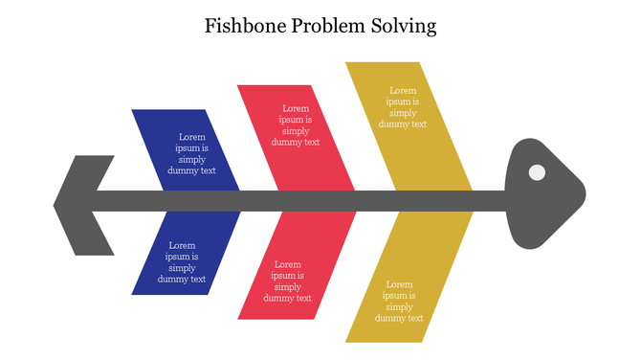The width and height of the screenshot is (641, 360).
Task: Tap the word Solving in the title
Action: point(403,26)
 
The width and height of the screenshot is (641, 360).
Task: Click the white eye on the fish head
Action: point(537,172)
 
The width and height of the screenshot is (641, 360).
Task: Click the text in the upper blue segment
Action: point(191,154)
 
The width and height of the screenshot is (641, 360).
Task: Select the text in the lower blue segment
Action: point(182,262)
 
